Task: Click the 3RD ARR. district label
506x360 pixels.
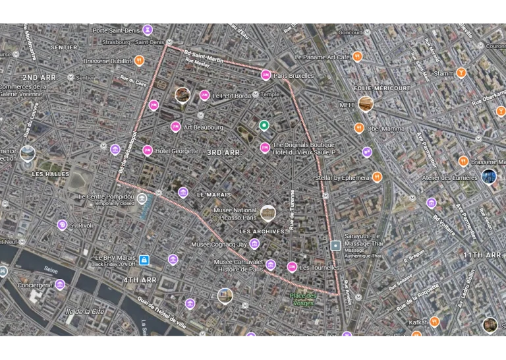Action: click(x=224, y=153)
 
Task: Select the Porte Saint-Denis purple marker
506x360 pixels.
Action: click(x=148, y=30)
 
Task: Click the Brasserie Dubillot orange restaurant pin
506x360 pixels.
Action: click(x=139, y=61)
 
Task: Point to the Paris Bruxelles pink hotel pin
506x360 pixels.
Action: click(x=266, y=75)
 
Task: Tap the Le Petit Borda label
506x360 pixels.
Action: click(x=231, y=96)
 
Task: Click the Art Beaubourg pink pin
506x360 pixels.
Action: click(x=175, y=127)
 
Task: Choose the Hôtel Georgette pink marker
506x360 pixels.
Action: click(x=147, y=150)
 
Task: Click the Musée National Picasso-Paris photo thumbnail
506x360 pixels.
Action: click(x=267, y=212)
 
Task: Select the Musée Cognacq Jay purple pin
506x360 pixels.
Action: click(x=255, y=245)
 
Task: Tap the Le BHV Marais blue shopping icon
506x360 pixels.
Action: click(x=144, y=260)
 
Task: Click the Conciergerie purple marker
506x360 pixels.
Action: click(x=60, y=285)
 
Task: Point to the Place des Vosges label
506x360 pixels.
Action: click(x=303, y=299)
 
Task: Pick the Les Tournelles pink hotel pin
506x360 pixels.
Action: click(x=292, y=267)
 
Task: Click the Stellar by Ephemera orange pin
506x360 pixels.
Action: click(x=377, y=177)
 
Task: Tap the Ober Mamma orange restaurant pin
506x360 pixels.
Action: click(x=359, y=128)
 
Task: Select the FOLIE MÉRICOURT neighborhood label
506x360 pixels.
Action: click(x=382, y=88)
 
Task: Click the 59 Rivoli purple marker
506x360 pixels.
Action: click(x=62, y=225)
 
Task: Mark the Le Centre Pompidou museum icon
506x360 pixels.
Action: click(x=142, y=198)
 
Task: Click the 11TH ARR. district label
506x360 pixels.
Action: click(x=482, y=255)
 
